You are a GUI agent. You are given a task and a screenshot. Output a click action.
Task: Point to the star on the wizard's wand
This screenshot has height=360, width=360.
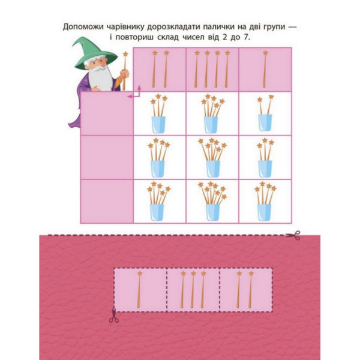[125, 55]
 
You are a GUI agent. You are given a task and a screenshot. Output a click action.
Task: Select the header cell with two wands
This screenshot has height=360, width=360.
[159, 69]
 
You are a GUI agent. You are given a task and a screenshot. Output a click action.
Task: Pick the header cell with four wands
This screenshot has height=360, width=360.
[212, 69]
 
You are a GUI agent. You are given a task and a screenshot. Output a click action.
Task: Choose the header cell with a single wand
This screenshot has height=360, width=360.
[265, 69]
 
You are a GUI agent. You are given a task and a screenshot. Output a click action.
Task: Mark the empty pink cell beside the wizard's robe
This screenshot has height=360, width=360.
[107, 114]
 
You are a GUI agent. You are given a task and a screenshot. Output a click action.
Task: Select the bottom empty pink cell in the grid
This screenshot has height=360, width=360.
[107, 201]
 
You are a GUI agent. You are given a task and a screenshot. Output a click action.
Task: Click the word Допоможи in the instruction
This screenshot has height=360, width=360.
[85, 27]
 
